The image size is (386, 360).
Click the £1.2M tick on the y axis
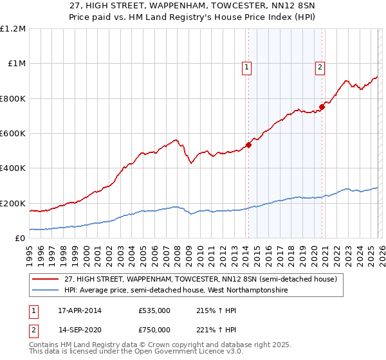(13, 28)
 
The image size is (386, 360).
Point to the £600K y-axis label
(13, 133)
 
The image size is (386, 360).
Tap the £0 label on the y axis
(19, 238)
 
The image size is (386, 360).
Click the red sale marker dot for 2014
(248, 145)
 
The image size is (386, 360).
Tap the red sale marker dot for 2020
(322, 107)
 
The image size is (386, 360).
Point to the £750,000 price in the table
(154, 329)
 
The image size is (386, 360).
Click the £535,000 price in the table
(154, 310)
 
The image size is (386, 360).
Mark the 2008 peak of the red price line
(175, 139)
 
